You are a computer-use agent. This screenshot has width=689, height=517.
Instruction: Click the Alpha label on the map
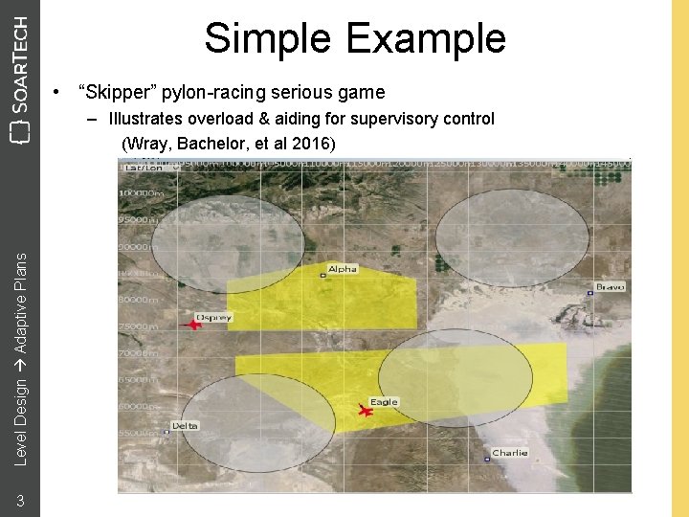(x=342, y=269)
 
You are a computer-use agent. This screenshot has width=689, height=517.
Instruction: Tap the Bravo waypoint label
(x=610, y=286)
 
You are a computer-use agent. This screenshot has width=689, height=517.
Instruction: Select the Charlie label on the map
(x=509, y=453)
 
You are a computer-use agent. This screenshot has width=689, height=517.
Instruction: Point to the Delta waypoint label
(x=185, y=425)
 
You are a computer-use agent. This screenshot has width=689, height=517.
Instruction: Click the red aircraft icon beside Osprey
(x=194, y=325)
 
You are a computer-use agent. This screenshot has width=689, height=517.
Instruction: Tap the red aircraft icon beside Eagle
(x=365, y=411)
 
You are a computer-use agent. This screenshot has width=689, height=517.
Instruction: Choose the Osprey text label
(x=213, y=317)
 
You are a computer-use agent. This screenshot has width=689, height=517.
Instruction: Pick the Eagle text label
(x=384, y=402)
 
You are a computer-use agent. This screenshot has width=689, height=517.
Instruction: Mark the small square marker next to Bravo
(x=589, y=293)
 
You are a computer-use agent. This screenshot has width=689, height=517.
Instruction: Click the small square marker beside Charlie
(x=487, y=460)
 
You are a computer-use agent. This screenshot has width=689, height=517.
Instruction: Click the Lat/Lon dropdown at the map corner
(x=135, y=166)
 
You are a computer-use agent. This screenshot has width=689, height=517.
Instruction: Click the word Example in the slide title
(x=426, y=38)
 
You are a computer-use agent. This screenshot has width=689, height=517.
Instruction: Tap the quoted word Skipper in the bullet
(x=120, y=92)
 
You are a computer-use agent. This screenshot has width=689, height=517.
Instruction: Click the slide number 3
(x=19, y=500)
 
